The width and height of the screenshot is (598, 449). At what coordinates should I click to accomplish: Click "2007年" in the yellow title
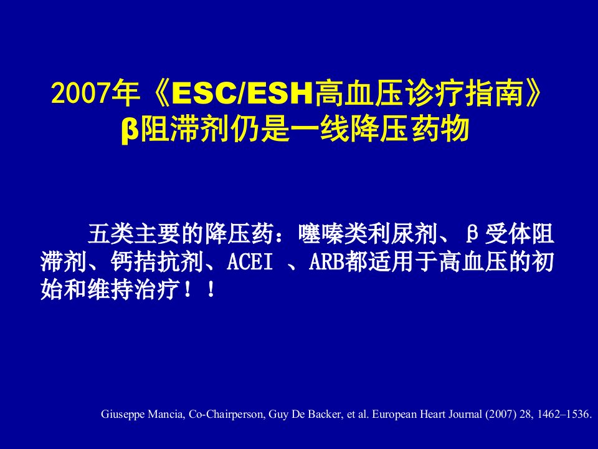95,93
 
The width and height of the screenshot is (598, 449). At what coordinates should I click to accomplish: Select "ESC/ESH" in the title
242,93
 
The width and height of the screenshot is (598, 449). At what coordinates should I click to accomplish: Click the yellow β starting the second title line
130,130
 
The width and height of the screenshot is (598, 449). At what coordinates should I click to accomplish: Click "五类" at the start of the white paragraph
111,233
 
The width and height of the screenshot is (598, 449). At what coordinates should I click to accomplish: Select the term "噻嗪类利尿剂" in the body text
368,233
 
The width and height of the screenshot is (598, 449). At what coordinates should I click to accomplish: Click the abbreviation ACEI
250,262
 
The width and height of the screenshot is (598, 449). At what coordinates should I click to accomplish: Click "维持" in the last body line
111,289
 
